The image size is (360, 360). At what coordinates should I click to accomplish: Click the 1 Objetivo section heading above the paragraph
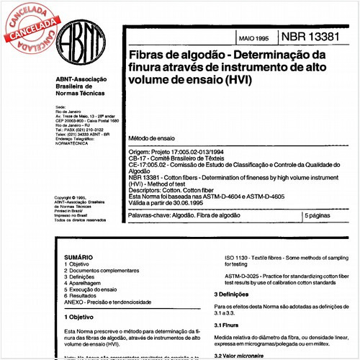pos(81,317)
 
